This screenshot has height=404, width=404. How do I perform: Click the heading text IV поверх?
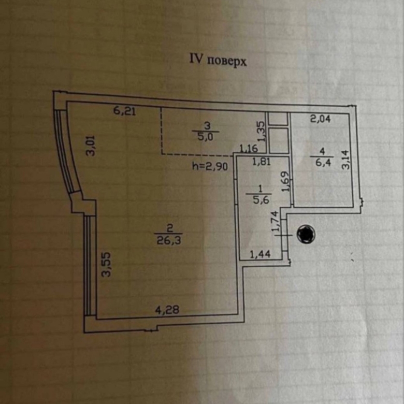point(217,60)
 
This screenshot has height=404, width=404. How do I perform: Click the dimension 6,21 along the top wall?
point(125,110)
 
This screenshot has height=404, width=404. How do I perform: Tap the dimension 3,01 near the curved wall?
point(91,145)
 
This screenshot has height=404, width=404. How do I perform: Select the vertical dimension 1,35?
point(262,132)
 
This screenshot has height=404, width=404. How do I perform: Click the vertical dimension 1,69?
point(285,182)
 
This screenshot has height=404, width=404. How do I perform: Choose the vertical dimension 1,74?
point(276,221)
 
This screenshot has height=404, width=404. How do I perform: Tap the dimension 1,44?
point(261,254)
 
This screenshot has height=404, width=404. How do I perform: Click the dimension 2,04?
point(321,119)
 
